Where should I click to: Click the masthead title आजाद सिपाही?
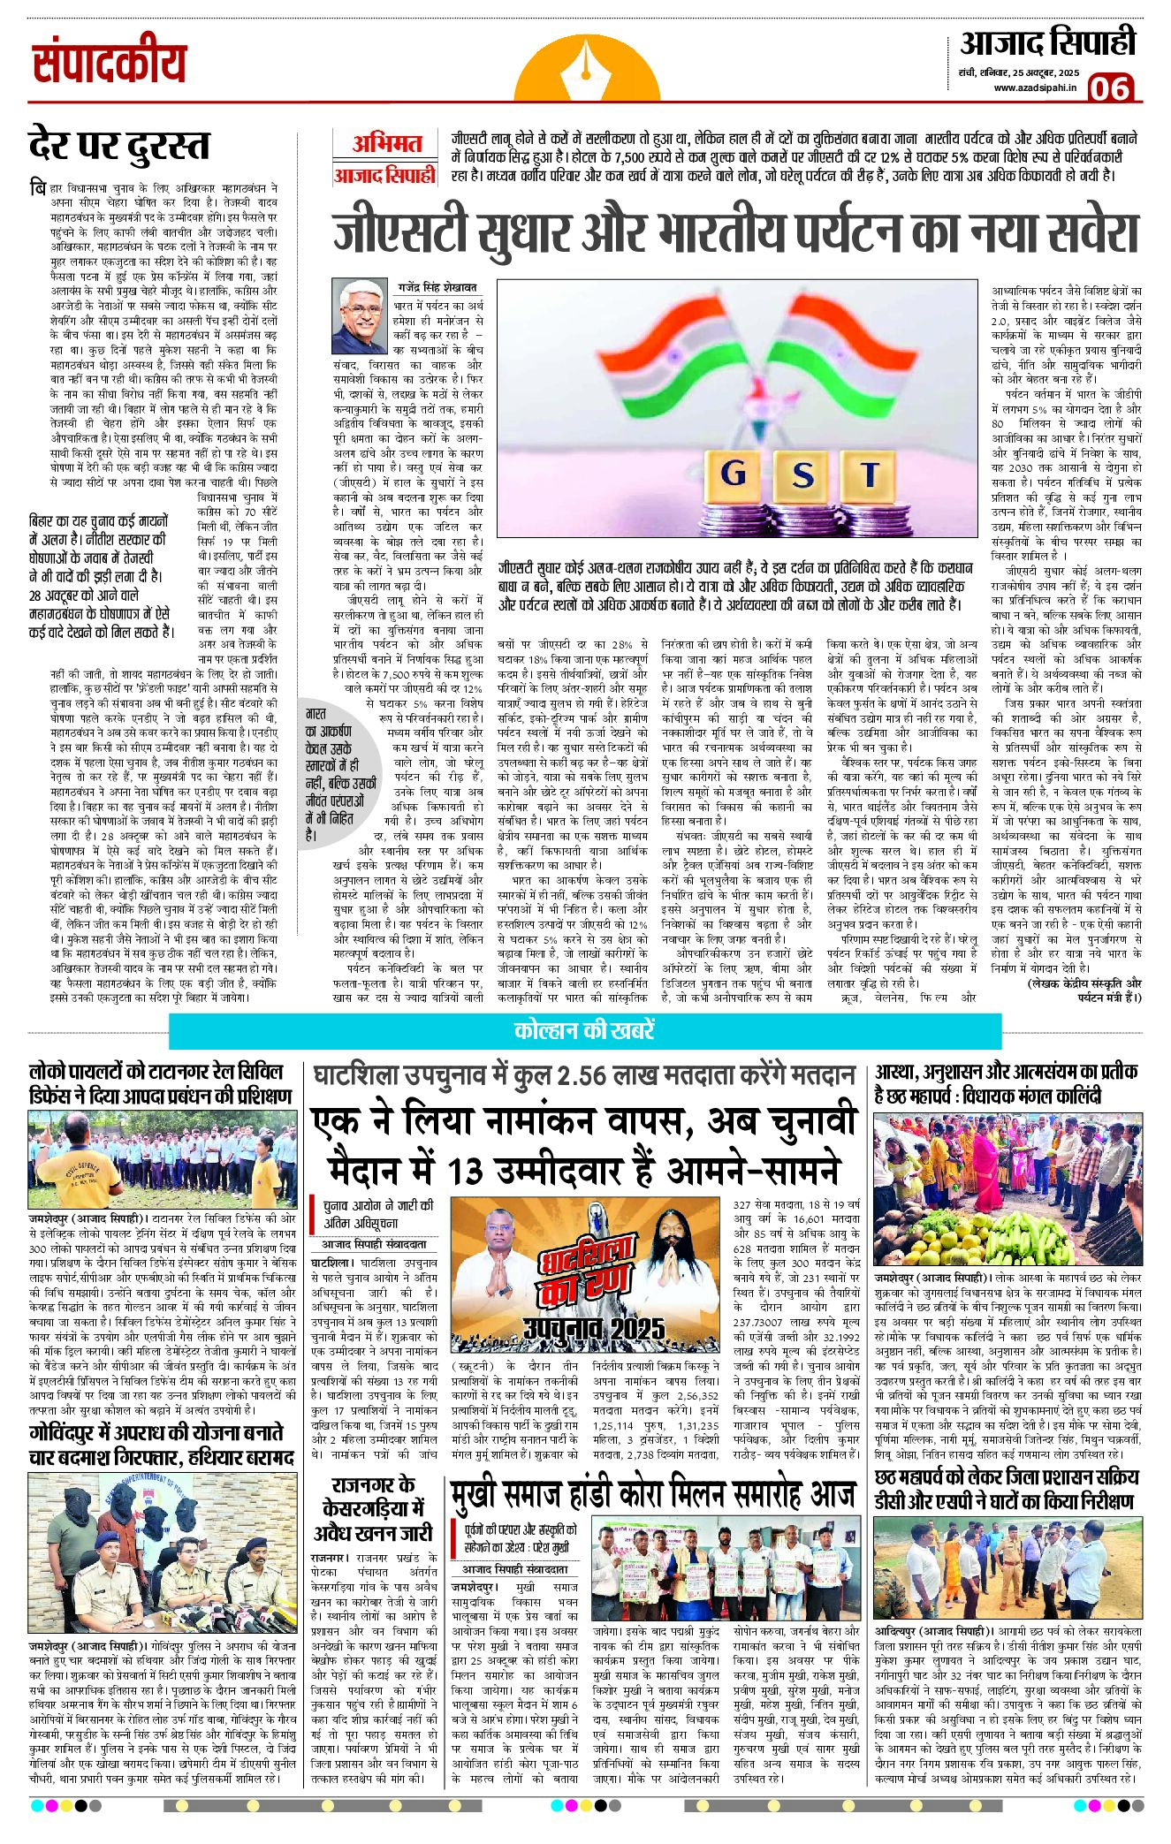click(x=1047, y=42)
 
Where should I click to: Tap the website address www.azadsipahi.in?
click(x=1034, y=87)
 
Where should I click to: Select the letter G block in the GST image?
click(x=734, y=474)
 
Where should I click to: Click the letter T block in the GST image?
click(x=870, y=474)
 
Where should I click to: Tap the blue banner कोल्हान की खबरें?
click(x=584, y=1031)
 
